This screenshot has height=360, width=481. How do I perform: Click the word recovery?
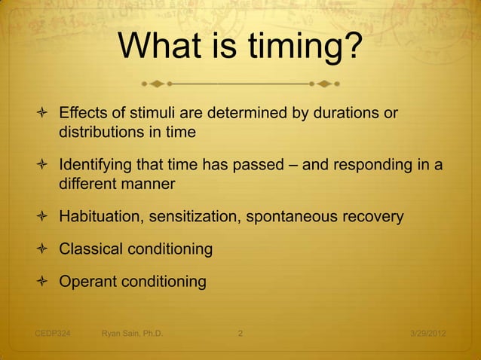373,217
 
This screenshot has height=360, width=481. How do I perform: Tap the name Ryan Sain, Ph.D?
132,332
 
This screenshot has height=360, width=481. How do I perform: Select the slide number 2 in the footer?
240,332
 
